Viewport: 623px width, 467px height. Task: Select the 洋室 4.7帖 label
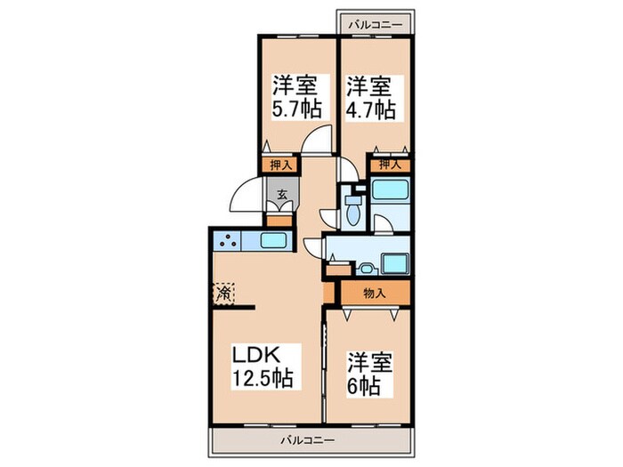370,98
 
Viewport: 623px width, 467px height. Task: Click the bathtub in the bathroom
389,192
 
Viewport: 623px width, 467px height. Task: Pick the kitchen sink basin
273,240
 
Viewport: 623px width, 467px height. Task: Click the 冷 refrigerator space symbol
224,291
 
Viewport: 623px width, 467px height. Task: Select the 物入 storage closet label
375,293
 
